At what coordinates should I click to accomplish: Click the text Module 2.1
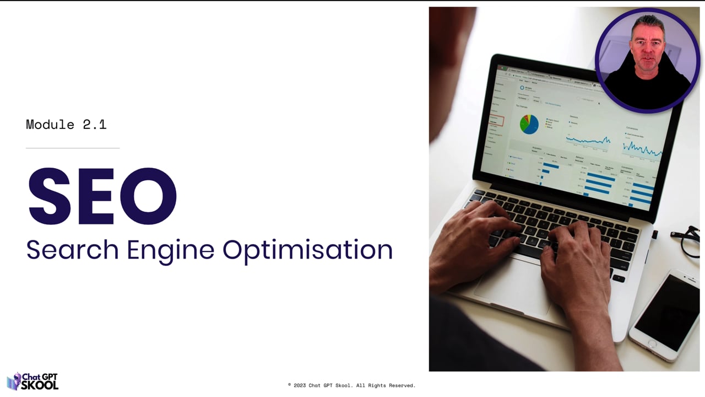[x=66, y=125]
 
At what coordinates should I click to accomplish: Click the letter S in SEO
[x=50, y=197]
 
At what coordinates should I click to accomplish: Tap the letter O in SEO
[x=149, y=197]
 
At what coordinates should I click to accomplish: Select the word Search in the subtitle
[x=72, y=250]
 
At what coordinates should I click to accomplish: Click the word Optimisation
[x=307, y=250]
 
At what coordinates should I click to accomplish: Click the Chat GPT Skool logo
[x=32, y=381]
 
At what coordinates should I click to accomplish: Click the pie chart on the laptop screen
[x=529, y=124]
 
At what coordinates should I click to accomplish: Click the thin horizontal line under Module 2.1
[x=73, y=148]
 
